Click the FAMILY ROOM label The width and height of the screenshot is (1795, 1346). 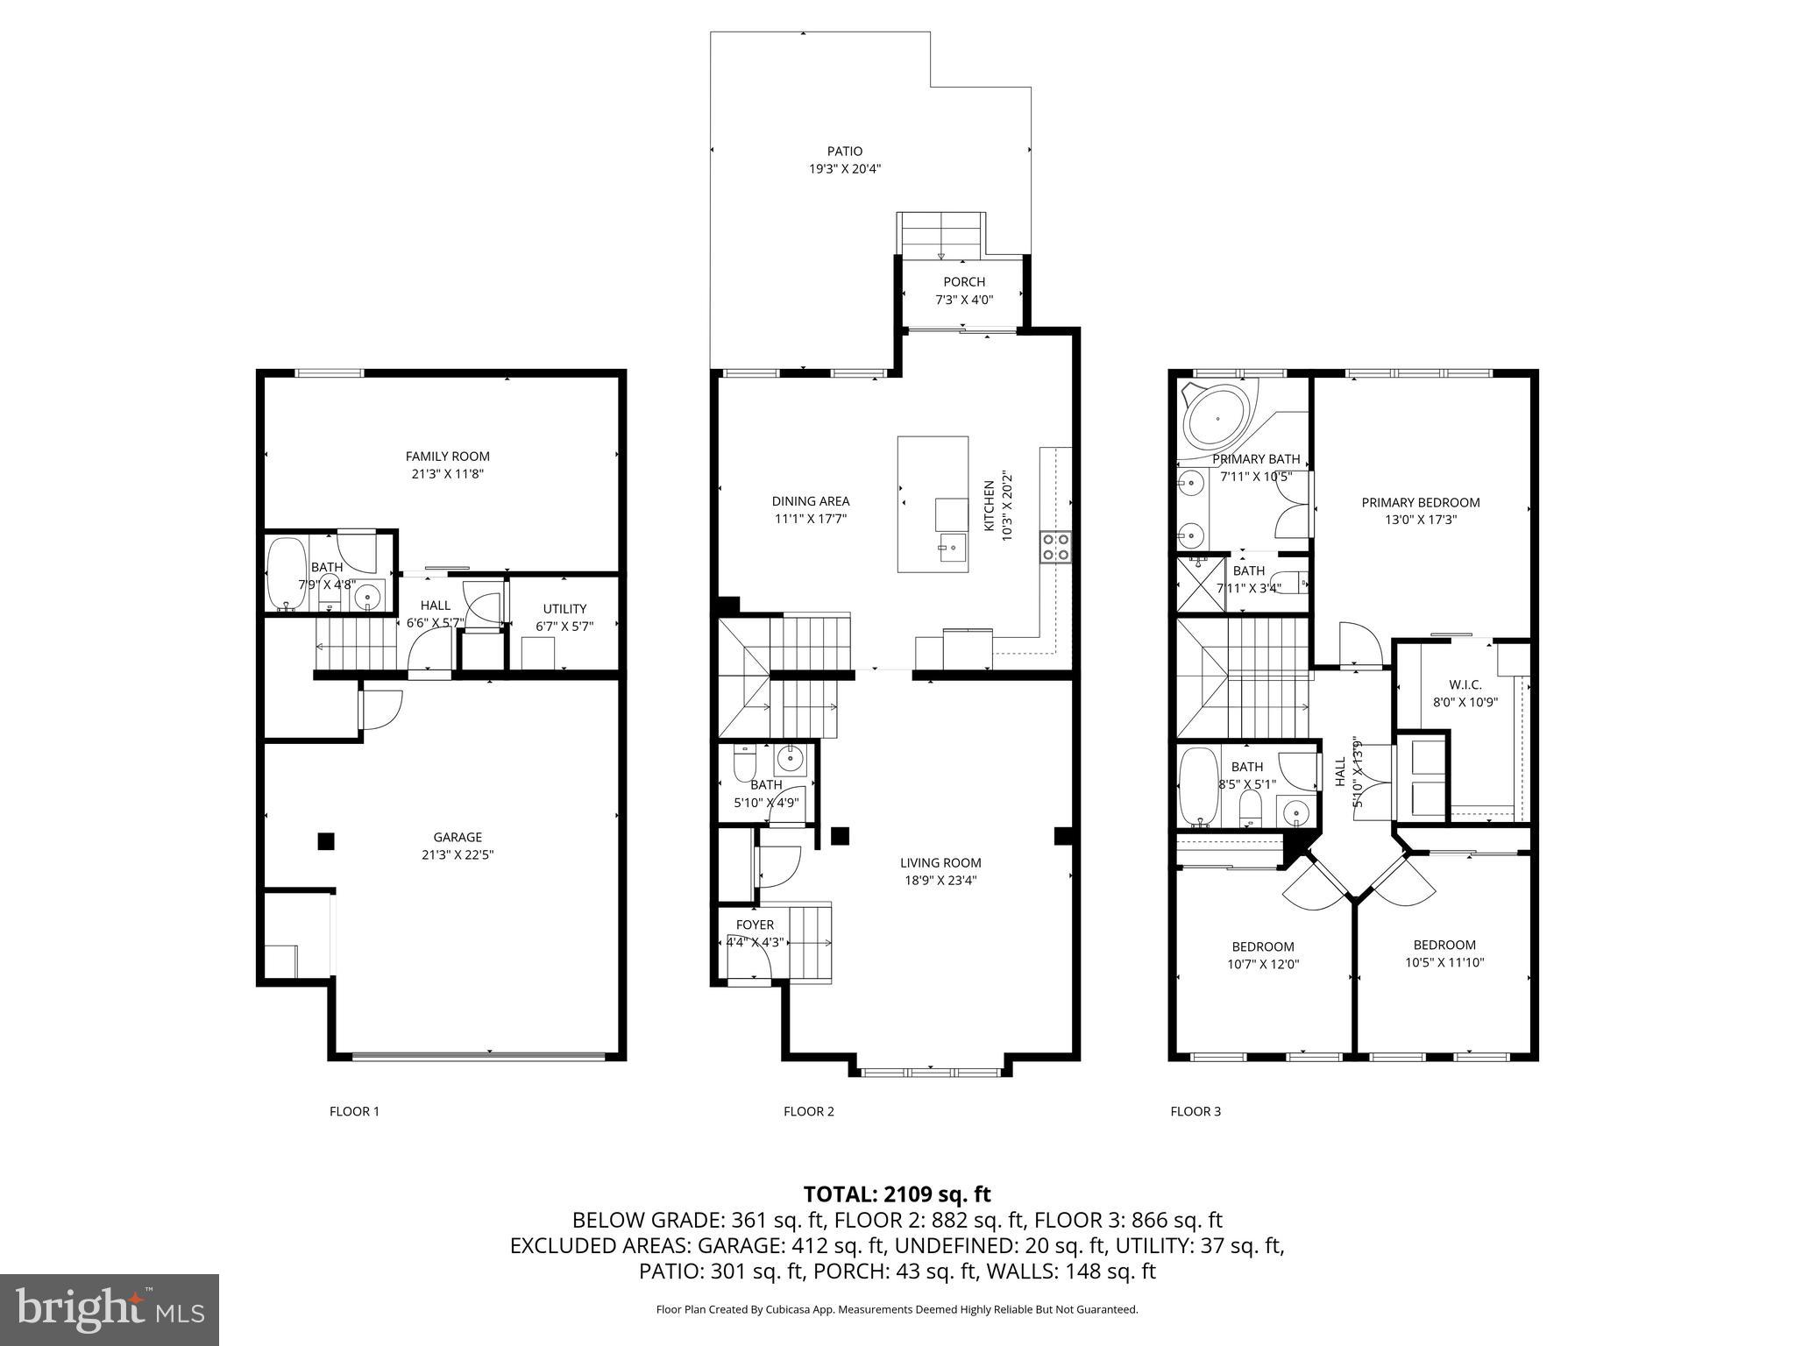tap(447, 456)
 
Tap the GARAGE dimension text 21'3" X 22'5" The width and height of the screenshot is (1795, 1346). tap(458, 854)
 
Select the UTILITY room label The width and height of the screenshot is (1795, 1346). tap(564, 608)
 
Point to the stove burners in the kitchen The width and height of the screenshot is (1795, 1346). tap(1054, 546)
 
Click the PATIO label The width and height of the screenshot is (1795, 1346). tap(844, 151)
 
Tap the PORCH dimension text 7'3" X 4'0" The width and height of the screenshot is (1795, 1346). tap(964, 300)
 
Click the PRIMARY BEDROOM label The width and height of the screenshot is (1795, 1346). tap(1420, 502)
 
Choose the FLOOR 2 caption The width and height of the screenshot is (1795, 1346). tap(808, 1111)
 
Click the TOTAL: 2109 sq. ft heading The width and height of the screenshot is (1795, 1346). tap(897, 1194)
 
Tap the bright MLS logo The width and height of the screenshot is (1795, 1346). tap(110, 1310)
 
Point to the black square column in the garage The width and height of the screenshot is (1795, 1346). tap(325, 841)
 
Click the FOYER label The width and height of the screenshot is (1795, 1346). tap(755, 924)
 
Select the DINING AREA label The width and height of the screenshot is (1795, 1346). tap(810, 501)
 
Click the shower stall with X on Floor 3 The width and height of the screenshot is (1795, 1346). tap(1199, 586)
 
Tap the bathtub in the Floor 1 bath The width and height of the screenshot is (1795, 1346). tap(285, 574)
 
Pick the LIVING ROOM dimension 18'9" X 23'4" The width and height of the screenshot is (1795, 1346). tap(940, 881)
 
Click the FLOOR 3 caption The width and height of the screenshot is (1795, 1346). tap(1195, 1111)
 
